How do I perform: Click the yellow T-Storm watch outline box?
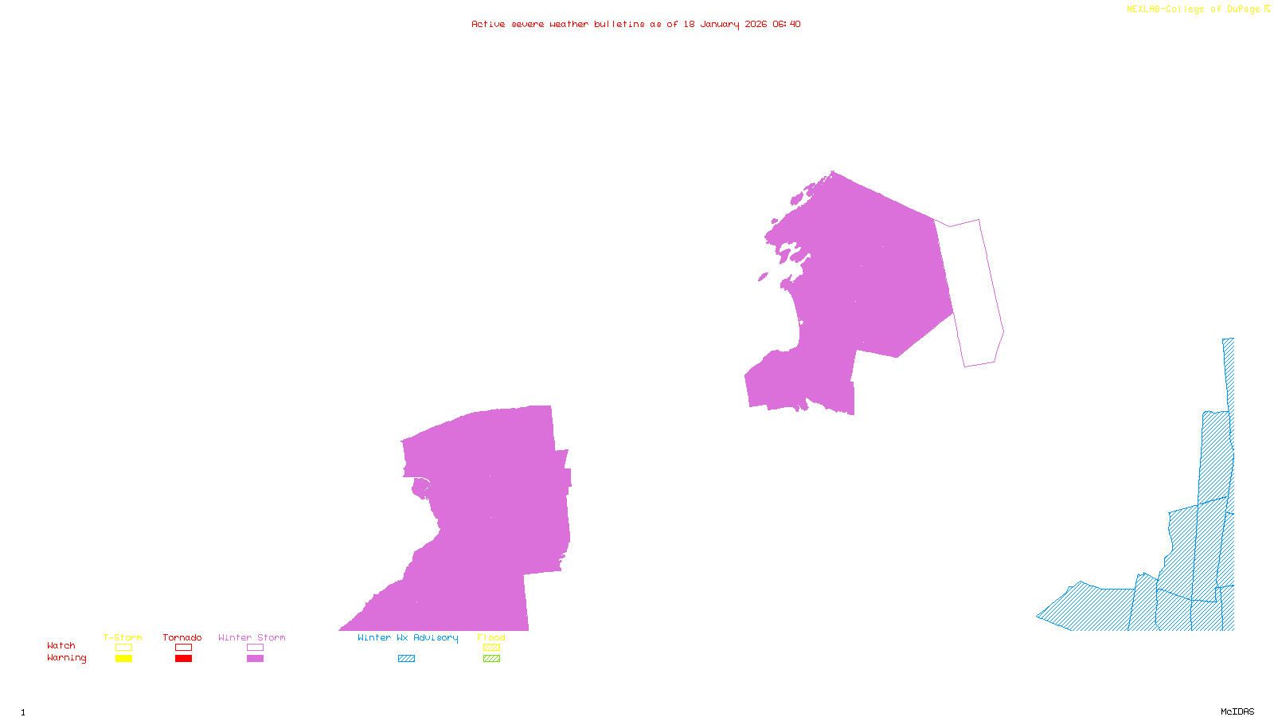click(x=123, y=648)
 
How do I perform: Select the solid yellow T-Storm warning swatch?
click(x=123, y=659)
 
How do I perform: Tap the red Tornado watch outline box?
click(x=183, y=648)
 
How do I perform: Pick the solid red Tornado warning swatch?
click(x=183, y=659)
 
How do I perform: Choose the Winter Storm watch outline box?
click(x=255, y=648)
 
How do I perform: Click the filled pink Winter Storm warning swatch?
click(x=255, y=659)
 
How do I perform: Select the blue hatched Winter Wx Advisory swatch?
click(x=406, y=659)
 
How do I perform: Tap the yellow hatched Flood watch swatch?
click(x=491, y=648)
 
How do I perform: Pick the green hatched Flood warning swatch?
click(x=491, y=659)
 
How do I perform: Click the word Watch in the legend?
click(x=61, y=645)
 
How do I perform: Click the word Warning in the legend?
click(x=66, y=658)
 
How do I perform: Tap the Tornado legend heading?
click(x=182, y=637)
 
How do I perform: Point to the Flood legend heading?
click(x=491, y=637)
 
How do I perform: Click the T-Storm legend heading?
click(x=123, y=637)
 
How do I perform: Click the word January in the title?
click(x=720, y=24)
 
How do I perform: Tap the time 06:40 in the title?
click(x=786, y=24)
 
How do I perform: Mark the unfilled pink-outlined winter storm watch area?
click(x=975, y=295)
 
